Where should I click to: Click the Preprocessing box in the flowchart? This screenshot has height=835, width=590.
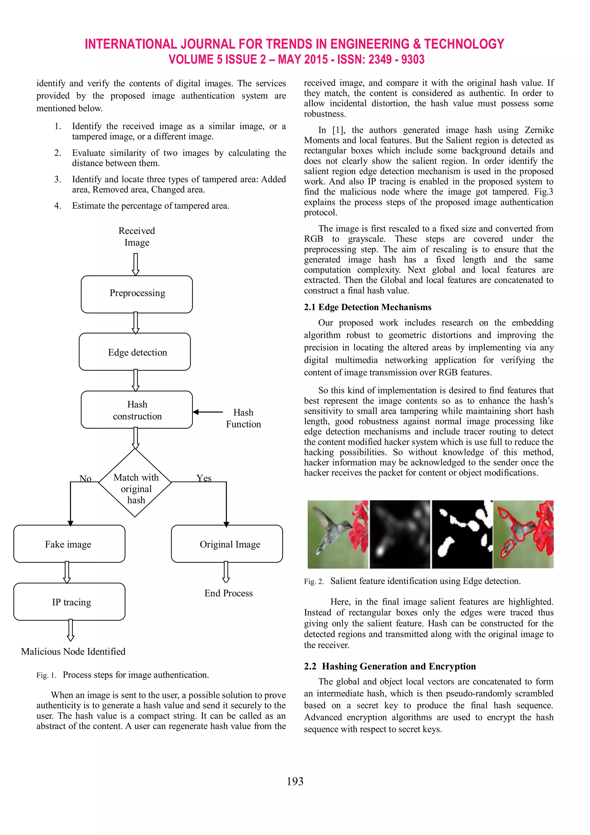point(137,294)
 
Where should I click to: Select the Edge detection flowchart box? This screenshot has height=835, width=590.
point(135,352)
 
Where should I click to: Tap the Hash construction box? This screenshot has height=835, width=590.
point(137,410)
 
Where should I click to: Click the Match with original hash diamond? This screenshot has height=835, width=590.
point(135,483)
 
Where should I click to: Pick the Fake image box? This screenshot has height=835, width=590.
point(69,544)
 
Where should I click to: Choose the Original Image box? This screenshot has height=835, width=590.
point(227,544)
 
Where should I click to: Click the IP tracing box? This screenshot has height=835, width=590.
point(69,602)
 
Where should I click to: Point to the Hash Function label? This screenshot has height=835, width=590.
point(243,418)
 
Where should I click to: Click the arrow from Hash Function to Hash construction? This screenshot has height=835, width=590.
point(208,412)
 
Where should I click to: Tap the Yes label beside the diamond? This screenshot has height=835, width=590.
point(204,478)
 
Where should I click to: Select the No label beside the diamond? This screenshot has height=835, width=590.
point(85,478)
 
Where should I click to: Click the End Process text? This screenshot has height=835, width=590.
point(228,593)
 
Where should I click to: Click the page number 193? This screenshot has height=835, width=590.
point(295,781)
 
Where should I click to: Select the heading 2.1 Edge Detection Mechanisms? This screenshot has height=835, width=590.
point(367,307)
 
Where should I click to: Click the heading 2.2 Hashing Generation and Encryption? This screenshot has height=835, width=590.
point(389,666)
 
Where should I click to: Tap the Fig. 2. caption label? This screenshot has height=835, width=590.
point(314,581)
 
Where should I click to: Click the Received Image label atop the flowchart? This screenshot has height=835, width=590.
point(137,237)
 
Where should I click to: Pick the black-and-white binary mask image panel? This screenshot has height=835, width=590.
point(462,534)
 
